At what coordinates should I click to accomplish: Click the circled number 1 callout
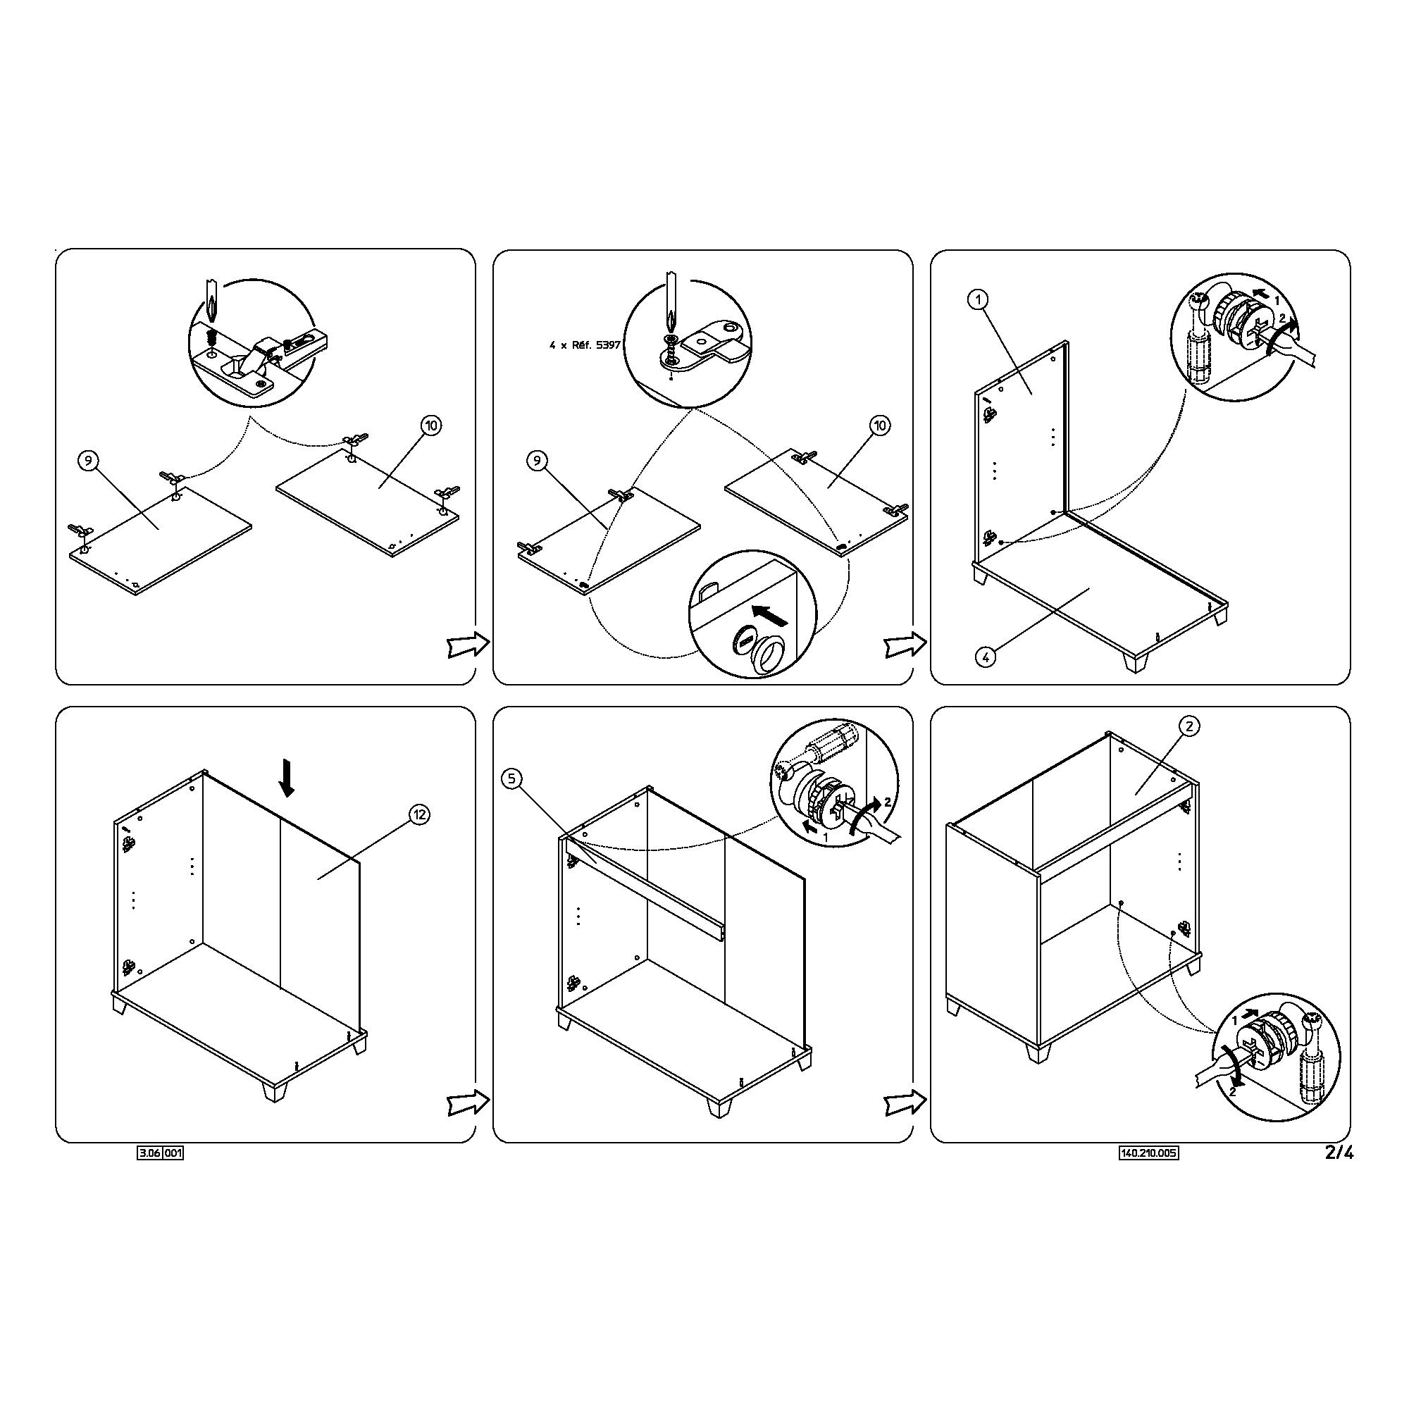pos(979,299)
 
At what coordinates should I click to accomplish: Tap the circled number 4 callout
pos(985,657)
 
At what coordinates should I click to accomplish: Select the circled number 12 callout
pos(418,814)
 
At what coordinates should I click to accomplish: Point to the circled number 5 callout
pos(512,780)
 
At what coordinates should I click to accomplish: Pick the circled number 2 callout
pos(1189,726)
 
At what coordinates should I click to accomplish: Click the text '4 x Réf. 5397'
pos(585,345)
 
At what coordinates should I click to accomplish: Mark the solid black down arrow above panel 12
pos(287,778)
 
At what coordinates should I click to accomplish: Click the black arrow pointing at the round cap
pos(769,616)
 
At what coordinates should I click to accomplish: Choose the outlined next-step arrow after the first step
pos(468,644)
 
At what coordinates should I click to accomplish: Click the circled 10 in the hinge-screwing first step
pos(432,426)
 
